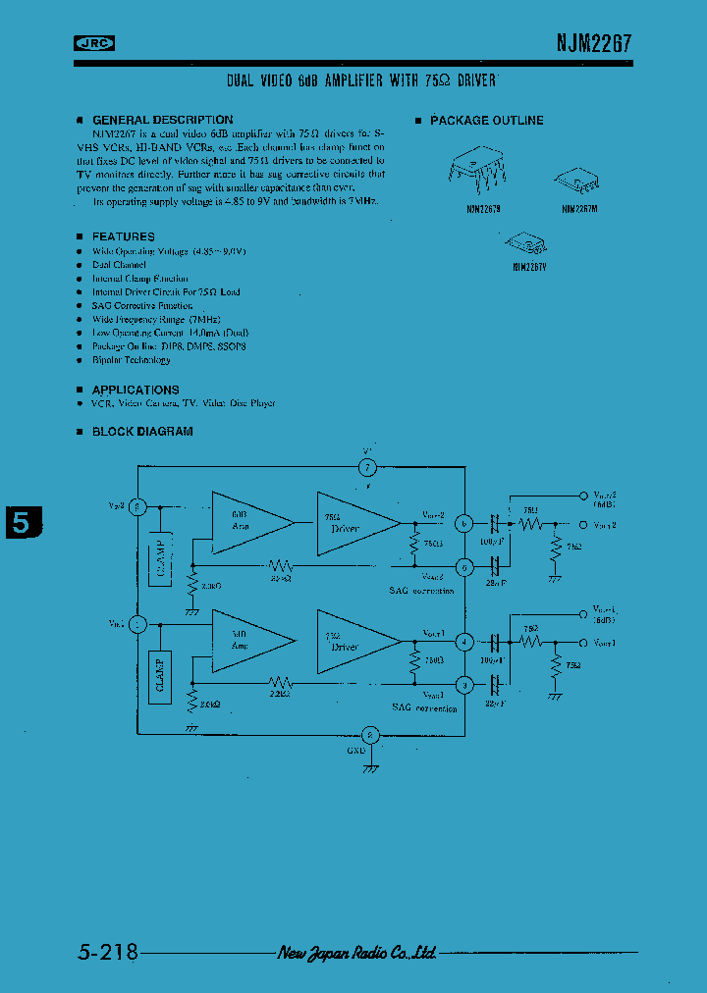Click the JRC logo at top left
point(95,42)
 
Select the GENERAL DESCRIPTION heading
point(162,120)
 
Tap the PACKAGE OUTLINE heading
point(486,120)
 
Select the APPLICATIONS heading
point(136,390)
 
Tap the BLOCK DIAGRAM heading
point(142,431)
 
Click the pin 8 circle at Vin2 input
point(137,507)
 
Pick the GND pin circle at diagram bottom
point(369,734)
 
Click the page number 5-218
point(106,952)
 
